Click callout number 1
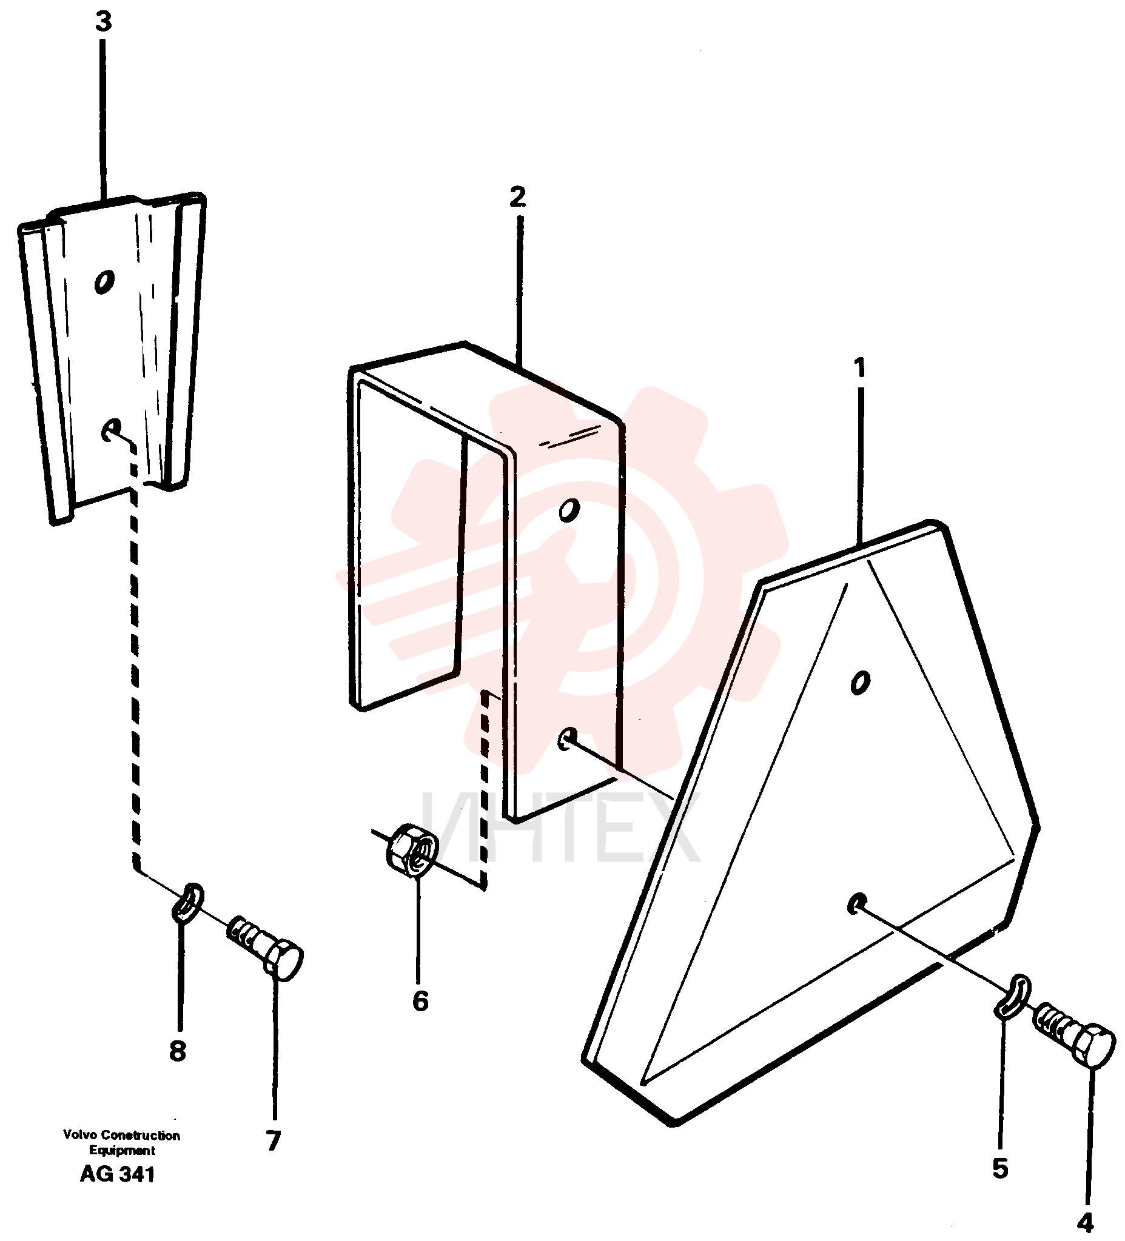pos(859,368)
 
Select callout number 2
pos(518,197)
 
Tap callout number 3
pos(104,22)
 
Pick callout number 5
pos(1000,1167)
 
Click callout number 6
pos(420,1002)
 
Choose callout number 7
pos(274,1140)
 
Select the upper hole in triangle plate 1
pos(859,682)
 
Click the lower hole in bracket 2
pos(567,738)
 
